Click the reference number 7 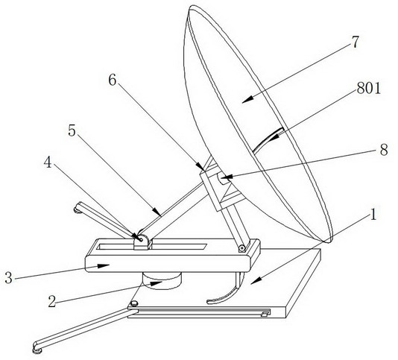coord(356,42)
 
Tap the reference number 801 coord(368,89)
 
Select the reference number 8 coord(384,150)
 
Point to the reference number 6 coord(113,80)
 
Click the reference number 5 coord(72,131)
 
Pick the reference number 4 coord(48,162)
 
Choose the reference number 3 coord(8,277)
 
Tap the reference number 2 coord(51,302)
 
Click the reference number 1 coord(373,215)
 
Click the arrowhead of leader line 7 coord(247,100)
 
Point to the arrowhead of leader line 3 coord(104,266)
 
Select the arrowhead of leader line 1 coord(256,280)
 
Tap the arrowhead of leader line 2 coord(156,283)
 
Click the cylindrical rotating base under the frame coord(162,281)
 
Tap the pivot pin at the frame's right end coord(242,247)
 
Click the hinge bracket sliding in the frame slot coord(142,242)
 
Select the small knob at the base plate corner coord(133,303)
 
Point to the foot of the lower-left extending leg coord(37,350)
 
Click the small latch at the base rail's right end coord(265,315)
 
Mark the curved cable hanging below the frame coord(229,294)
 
